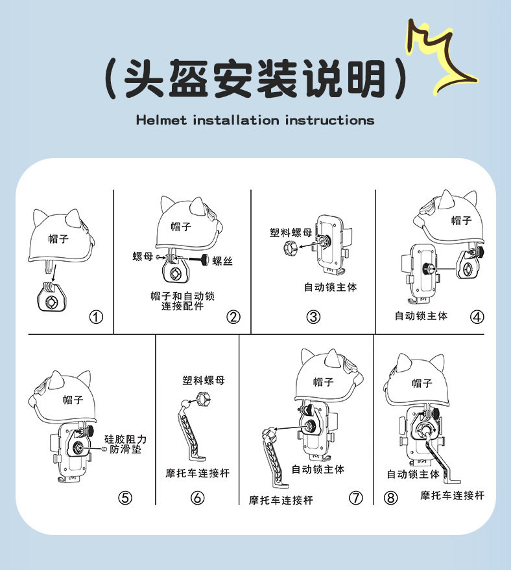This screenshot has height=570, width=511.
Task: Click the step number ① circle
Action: point(96,317)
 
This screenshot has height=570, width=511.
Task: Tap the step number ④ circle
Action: point(477,317)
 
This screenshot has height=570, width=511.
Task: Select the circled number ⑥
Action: point(198,497)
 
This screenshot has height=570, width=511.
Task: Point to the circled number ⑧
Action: point(390,497)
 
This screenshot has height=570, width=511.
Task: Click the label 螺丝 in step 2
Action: point(222,261)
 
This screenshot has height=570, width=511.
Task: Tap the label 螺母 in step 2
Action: point(143,256)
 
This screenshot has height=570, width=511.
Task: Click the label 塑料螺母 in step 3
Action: point(291,233)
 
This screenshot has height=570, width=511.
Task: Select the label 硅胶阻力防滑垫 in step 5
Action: point(125,444)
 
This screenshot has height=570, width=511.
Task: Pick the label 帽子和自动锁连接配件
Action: point(182,301)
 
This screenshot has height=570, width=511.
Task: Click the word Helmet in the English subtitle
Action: point(161,120)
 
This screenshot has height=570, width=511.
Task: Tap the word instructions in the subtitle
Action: point(329,120)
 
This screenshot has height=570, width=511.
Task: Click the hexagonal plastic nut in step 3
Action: point(291,248)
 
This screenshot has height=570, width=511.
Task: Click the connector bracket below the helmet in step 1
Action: point(52,296)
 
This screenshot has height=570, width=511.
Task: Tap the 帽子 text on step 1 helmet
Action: point(58,239)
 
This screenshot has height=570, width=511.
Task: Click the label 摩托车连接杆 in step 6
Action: point(198,473)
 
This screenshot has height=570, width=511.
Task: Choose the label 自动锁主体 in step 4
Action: point(421,316)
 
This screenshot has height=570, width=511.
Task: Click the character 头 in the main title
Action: point(144,78)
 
